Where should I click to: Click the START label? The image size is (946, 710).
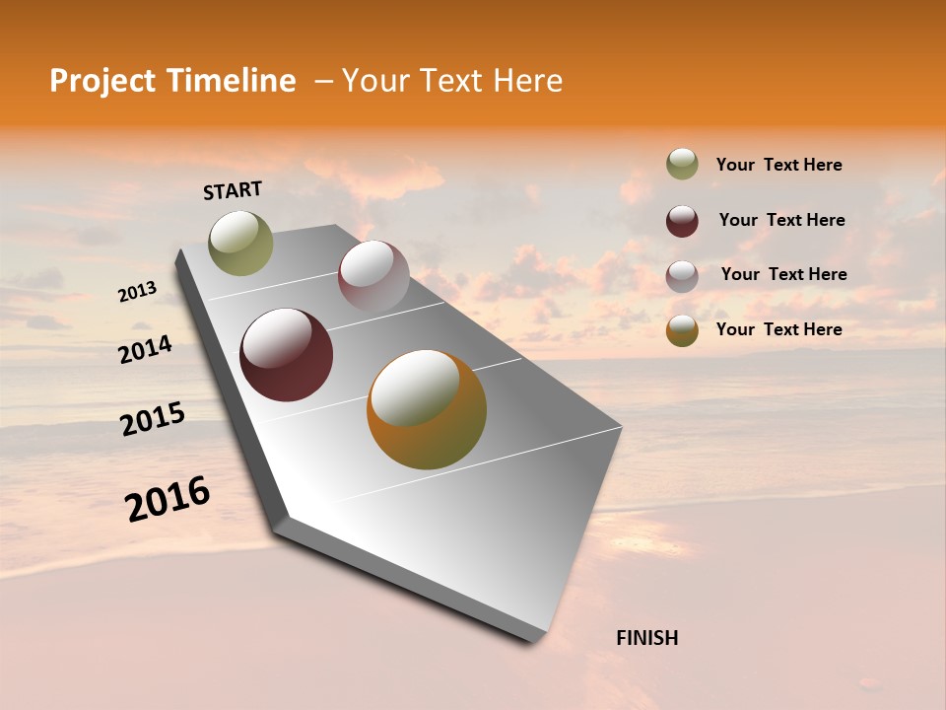[233, 190]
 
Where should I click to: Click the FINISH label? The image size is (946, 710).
[646, 638]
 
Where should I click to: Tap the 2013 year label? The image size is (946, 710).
[137, 292]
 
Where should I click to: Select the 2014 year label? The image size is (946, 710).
[145, 350]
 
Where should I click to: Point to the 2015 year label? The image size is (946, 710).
[153, 419]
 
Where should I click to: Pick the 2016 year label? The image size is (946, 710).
[168, 499]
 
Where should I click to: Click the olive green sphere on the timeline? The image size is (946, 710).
[241, 244]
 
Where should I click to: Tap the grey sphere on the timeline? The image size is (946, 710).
[373, 276]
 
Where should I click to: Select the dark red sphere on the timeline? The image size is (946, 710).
[287, 355]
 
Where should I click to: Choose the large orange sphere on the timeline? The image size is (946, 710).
[427, 409]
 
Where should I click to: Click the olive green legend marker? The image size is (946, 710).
[682, 165]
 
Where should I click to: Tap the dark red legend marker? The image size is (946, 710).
[682, 221]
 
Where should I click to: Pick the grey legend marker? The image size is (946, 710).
[682, 275]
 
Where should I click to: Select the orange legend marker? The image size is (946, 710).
[682, 330]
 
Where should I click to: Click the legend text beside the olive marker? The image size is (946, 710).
[778, 165]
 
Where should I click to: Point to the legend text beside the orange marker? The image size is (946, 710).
[778, 329]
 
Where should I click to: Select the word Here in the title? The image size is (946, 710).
[527, 81]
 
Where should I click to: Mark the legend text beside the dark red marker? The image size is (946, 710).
[781, 220]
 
